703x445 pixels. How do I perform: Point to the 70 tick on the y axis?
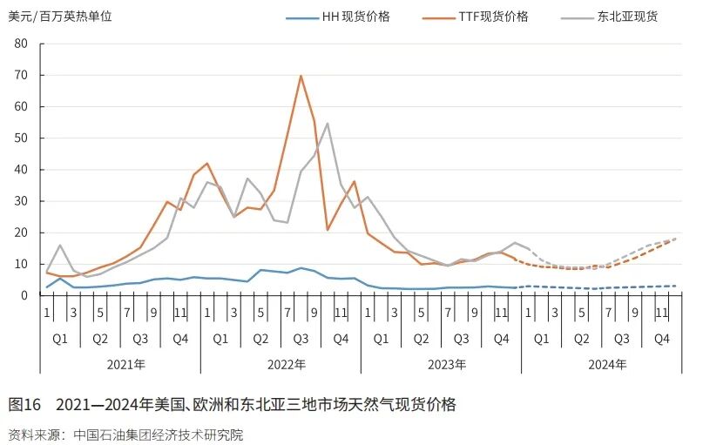23,76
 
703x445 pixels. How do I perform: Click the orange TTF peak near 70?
301,76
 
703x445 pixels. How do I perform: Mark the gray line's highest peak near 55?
328,123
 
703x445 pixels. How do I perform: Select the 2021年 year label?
120,364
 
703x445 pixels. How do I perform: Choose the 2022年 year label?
281,364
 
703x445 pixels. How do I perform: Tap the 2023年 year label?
441,364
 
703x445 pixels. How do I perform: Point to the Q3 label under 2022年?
301,338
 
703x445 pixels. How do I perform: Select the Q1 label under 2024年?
541,338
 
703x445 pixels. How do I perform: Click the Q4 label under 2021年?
180,338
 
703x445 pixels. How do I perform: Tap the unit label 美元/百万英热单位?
60,17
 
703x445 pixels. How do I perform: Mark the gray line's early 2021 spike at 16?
60,245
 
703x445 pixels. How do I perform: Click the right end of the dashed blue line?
675,286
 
